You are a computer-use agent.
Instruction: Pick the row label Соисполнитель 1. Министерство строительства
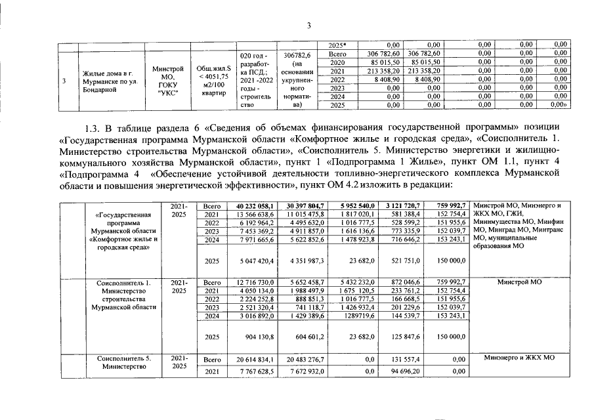pyautogui.click(x=124, y=295)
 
